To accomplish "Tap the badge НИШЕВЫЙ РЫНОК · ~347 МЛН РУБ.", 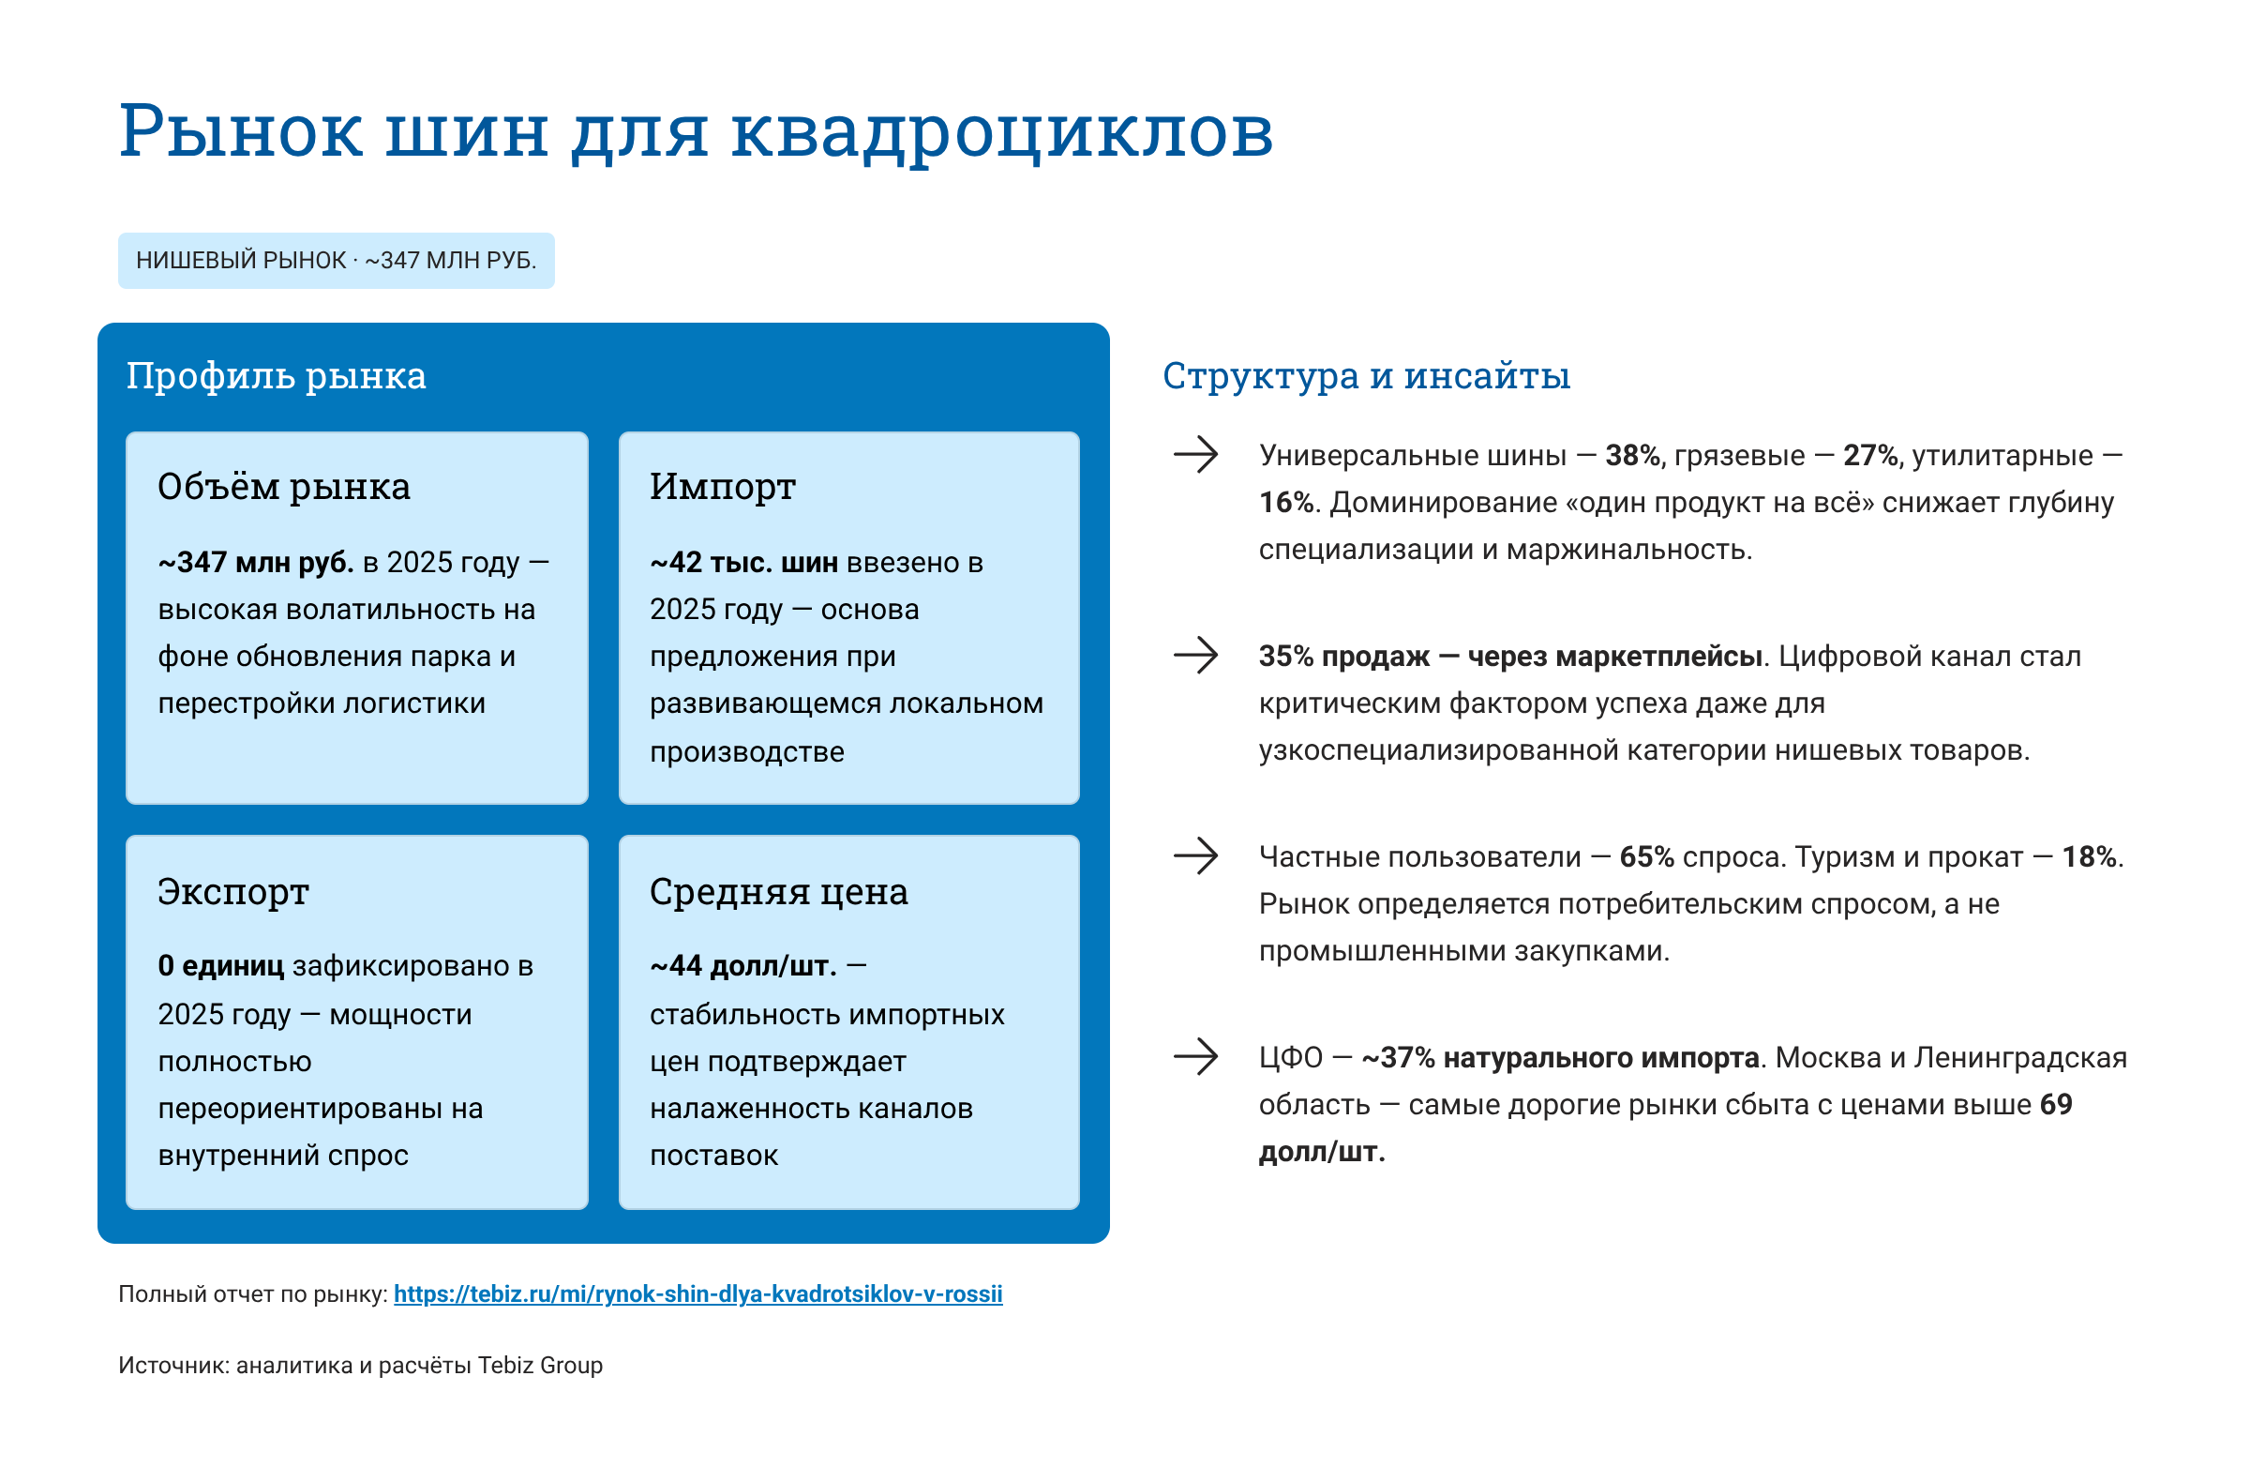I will coord(336,260).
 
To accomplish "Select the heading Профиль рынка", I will coord(276,376).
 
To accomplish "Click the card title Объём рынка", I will coord(284,487).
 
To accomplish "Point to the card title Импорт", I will coord(722,487).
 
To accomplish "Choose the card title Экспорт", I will coord(232,892).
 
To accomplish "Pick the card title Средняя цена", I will coord(778,892).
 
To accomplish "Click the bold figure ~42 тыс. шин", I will coord(743,563).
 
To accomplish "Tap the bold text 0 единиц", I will coord(220,966).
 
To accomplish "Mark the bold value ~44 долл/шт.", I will coord(743,966).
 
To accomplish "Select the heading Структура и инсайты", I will coord(1366,376).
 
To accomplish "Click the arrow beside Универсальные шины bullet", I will coord(1196,455).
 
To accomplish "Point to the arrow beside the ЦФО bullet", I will coord(1196,1056).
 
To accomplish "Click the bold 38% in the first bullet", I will coord(1633,456).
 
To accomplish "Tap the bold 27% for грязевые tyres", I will coord(1871,456).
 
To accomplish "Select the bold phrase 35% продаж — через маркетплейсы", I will coord(1509,657).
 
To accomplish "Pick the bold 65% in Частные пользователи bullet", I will coord(1647,857).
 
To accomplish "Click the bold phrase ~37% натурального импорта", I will coord(1560,1057).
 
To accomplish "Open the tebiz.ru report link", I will coord(697,1293).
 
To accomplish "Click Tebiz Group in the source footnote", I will coord(540,1365).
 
